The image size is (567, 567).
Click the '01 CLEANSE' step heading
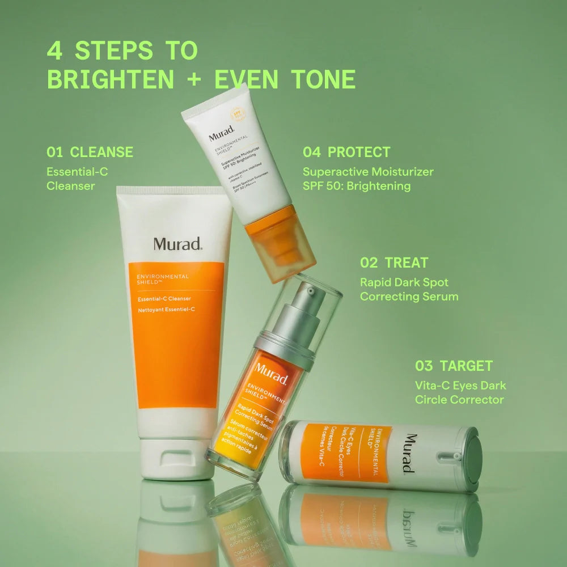(x=90, y=152)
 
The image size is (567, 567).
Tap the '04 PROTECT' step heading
(x=346, y=152)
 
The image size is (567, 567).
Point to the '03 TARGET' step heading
(x=454, y=366)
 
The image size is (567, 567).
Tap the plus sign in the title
(x=194, y=80)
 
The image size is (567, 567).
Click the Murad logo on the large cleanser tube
(x=177, y=244)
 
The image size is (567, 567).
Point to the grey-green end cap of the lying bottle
(x=472, y=458)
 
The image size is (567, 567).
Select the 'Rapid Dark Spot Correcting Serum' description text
(x=409, y=289)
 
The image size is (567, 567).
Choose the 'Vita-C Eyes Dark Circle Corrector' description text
(x=460, y=392)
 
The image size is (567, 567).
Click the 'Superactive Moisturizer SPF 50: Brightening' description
(x=368, y=179)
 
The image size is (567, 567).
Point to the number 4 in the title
(x=54, y=51)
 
